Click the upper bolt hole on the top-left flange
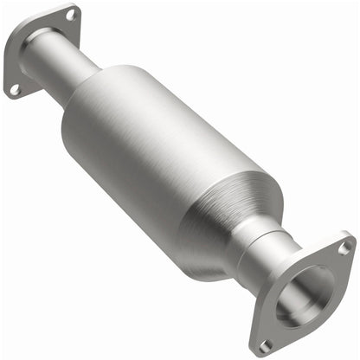point(70,15)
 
